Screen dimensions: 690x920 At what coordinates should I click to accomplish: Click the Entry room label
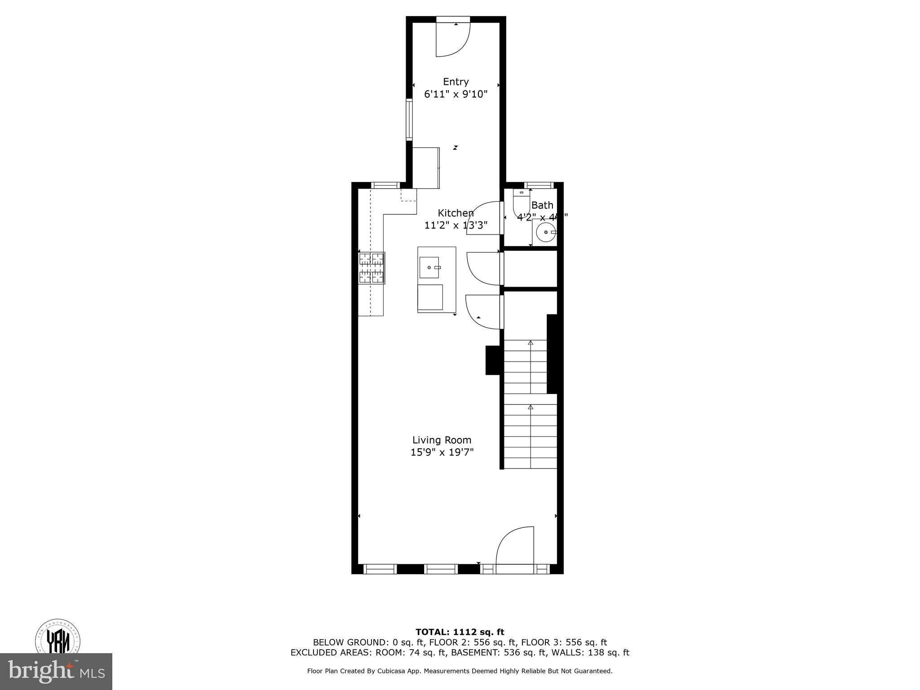click(x=456, y=82)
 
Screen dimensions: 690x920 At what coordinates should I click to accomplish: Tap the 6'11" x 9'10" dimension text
click(x=456, y=94)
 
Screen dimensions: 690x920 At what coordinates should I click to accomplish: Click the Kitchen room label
click(x=456, y=213)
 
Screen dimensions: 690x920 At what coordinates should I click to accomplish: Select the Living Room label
click(x=442, y=440)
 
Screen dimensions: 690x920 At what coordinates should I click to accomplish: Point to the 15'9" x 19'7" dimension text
click(x=442, y=452)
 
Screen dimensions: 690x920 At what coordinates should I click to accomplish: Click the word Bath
click(x=542, y=205)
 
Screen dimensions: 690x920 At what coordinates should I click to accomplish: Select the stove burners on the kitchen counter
click(x=372, y=268)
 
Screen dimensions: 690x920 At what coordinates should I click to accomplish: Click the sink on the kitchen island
click(x=429, y=268)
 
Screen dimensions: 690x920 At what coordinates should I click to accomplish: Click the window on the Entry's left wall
click(x=409, y=120)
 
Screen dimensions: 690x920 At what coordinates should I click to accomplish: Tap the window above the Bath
click(x=539, y=185)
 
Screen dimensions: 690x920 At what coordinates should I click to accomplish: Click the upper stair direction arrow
click(x=530, y=343)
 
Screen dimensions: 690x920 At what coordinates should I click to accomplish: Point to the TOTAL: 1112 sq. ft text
click(x=460, y=632)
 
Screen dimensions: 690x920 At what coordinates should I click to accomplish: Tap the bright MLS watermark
click(x=56, y=672)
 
